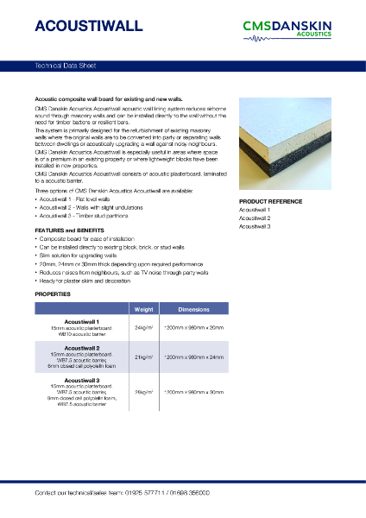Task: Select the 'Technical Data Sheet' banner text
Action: pos(66,66)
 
